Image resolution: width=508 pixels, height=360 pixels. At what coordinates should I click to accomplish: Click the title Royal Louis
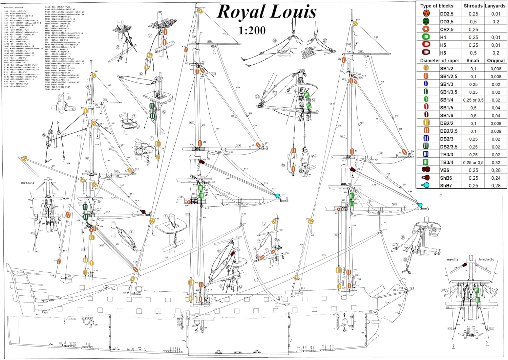[x=267, y=12]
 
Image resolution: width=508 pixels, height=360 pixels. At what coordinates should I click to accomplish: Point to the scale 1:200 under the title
[x=252, y=31]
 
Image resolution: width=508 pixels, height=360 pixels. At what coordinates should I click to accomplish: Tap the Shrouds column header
[x=473, y=6]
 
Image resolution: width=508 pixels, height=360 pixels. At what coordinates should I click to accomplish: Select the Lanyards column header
[x=495, y=6]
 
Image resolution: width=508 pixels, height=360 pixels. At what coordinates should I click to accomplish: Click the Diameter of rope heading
[x=440, y=61]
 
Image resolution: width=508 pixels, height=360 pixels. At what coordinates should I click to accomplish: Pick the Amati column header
[x=473, y=61]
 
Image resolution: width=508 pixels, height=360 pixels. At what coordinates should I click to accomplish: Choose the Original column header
[x=496, y=61]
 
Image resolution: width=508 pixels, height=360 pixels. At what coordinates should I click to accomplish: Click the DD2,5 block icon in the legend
[x=426, y=14]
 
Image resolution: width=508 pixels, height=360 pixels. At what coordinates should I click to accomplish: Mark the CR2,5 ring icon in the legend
[x=426, y=29]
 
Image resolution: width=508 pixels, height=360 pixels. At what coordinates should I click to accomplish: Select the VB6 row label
[x=445, y=170]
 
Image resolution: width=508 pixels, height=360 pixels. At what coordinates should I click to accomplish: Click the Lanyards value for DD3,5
[x=496, y=22]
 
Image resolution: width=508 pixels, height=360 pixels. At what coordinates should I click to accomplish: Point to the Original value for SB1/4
[x=496, y=100]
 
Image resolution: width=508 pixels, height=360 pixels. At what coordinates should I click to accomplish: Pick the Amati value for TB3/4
[x=473, y=163]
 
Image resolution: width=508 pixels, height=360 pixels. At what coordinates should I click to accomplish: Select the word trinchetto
[x=486, y=260]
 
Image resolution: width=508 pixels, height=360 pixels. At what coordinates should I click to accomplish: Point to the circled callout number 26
[x=275, y=41]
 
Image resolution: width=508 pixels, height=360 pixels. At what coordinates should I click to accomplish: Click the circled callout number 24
[x=403, y=238]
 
